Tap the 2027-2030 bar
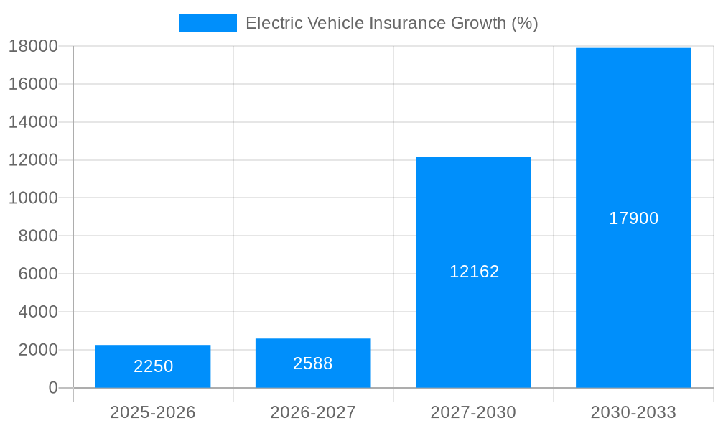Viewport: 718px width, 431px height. [473, 215]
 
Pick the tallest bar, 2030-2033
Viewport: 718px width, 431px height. [633, 144]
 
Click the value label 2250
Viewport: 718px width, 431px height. [153, 366]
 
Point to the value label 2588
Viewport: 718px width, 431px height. [313, 363]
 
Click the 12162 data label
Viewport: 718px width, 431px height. [474, 272]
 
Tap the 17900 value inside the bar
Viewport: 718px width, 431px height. [633, 218]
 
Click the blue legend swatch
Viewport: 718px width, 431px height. [208, 23]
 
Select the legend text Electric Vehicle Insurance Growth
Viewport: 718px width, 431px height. [391, 23]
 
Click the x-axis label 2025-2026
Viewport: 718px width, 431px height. [153, 412]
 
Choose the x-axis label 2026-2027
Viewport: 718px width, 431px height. [313, 412]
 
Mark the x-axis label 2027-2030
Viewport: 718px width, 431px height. [473, 412]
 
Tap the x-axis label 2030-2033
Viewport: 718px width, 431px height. [633, 412]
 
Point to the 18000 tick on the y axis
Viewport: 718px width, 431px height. [33, 46]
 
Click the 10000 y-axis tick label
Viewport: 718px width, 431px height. [33, 198]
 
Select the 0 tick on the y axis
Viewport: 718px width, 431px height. [53, 388]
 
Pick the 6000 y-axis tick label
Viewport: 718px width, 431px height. [37, 274]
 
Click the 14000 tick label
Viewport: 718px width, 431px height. [33, 122]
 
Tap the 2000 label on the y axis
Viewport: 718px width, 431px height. [37, 350]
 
